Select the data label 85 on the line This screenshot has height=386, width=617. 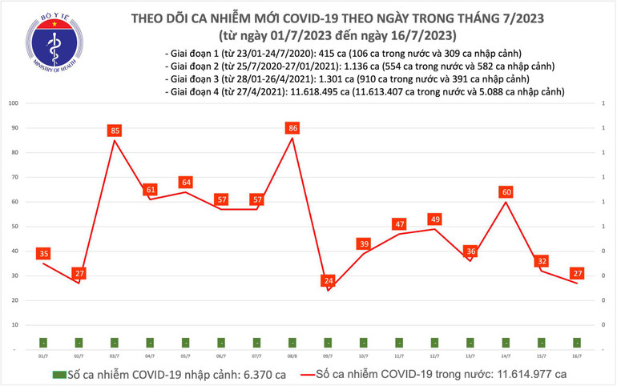(114, 129)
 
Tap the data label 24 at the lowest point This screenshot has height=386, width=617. (328, 280)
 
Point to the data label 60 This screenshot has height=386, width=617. (506, 191)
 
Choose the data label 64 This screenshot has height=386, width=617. (185, 182)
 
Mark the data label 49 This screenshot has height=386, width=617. (435, 219)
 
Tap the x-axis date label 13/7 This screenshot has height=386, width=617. (470, 355)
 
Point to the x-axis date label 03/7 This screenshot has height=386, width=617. (114, 355)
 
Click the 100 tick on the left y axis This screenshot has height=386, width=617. (14, 103)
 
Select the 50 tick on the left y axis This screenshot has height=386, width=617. (15, 227)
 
